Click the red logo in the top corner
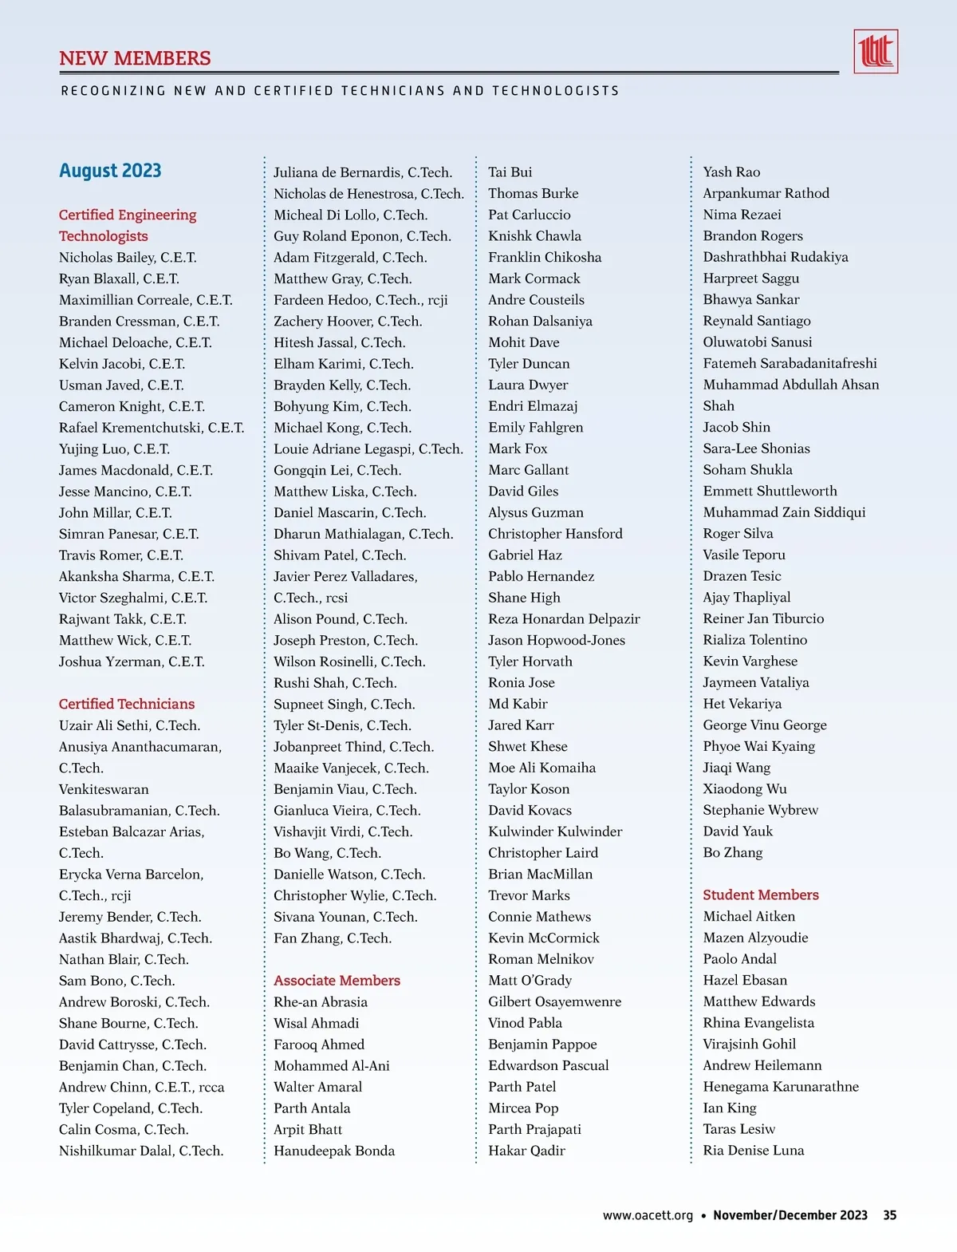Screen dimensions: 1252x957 point(875,52)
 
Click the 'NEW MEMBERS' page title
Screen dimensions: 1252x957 point(135,58)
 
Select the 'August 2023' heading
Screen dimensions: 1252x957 point(110,171)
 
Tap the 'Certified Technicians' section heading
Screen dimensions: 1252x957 point(127,704)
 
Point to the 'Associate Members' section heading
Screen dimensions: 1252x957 point(337,981)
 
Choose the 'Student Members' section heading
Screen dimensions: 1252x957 point(761,895)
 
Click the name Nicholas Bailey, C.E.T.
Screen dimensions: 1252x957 point(128,258)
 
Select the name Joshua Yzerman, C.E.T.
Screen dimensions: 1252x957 point(132,662)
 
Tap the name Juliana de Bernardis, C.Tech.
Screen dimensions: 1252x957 point(363,172)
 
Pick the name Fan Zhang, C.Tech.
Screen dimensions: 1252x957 point(333,938)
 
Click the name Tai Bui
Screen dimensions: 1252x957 point(510,172)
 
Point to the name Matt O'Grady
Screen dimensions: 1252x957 point(530,981)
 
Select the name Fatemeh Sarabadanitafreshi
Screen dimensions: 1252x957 point(790,364)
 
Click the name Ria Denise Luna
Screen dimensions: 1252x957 point(754,1151)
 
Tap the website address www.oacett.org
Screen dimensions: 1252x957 point(648,1215)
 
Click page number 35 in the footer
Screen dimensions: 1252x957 point(889,1215)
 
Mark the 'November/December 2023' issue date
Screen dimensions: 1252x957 point(790,1215)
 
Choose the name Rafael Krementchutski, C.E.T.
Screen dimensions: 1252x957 point(152,428)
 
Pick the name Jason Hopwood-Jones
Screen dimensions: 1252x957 point(557,640)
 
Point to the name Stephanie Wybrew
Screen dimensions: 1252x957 point(760,810)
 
